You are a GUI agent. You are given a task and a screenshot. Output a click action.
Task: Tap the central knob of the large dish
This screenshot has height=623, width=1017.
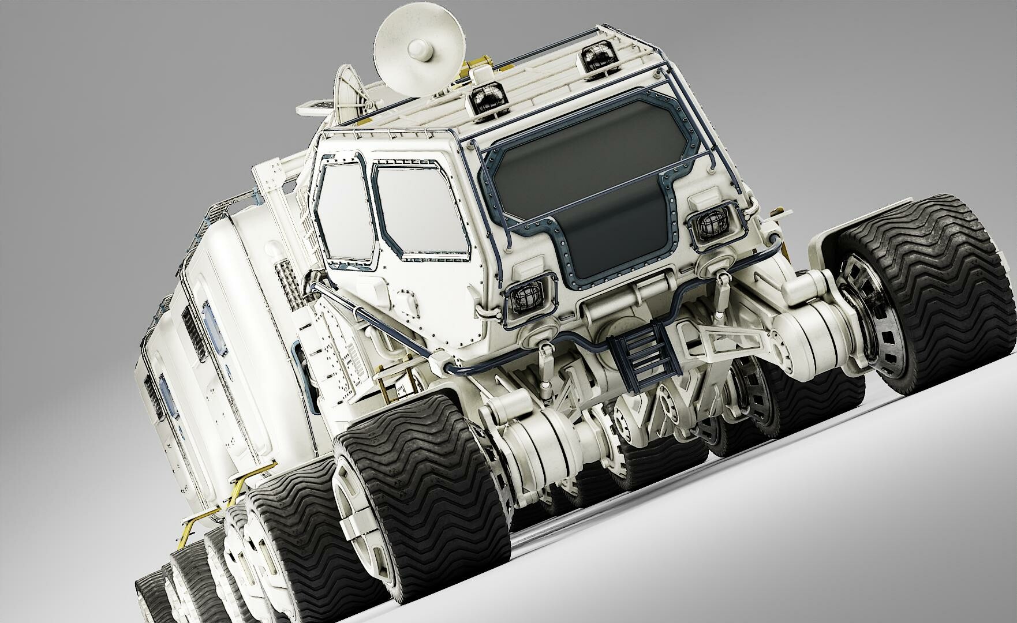pos(417,51)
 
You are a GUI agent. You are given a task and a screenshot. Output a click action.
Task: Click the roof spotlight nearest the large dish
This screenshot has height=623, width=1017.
pos(487,101)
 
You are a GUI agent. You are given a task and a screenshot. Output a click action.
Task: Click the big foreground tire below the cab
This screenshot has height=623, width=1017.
pos(427,496)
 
